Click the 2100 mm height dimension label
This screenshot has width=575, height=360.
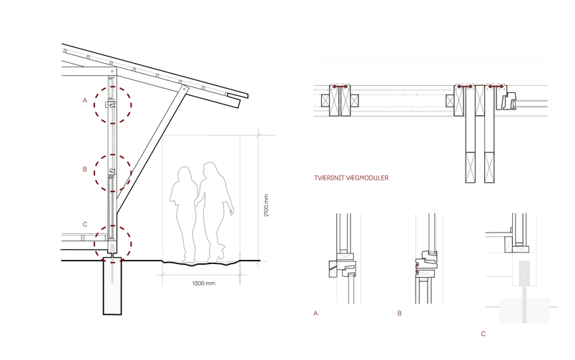[x=266, y=205]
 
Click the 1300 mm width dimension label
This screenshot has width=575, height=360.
[x=204, y=283]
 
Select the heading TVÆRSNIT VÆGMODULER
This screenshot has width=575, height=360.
[x=351, y=178]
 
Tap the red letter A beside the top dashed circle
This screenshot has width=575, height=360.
[x=85, y=100]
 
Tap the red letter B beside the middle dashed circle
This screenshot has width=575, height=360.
[x=85, y=169]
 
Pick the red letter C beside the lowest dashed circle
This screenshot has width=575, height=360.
[x=85, y=224]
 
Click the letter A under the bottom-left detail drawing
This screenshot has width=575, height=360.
[x=315, y=313]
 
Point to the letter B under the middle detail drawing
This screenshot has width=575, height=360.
[x=400, y=313]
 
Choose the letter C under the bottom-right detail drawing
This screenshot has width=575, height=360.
[x=483, y=334]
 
